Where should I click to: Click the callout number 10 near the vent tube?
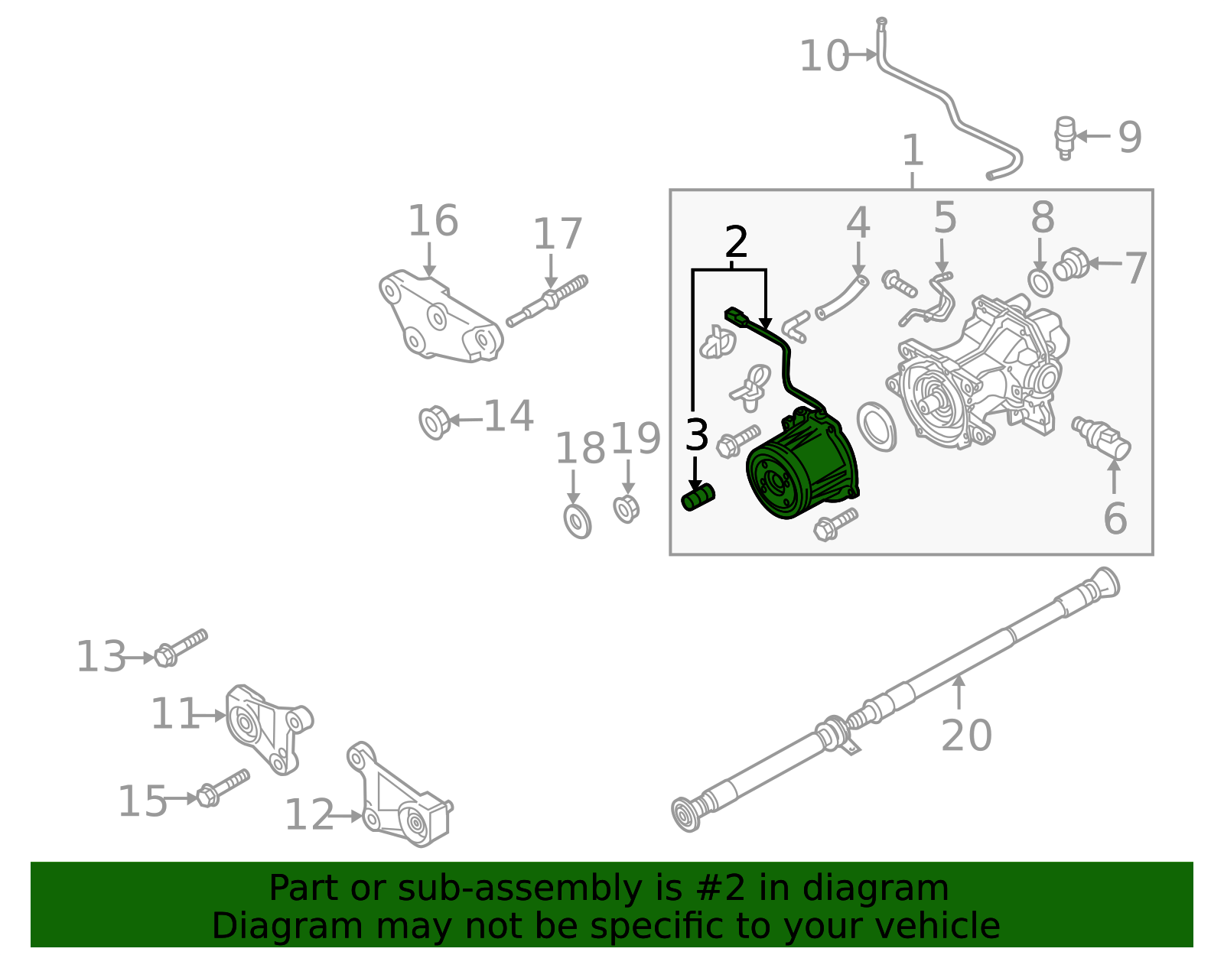(x=823, y=57)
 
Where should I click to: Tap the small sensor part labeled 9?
(x=1064, y=137)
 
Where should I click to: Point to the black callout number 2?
(x=735, y=242)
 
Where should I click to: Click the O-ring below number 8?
(x=1040, y=284)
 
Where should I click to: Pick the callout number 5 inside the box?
(x=945, y=218)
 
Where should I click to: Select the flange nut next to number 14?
(x=434, y=422)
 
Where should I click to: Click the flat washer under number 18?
(x=578, y=521)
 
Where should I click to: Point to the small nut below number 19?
(x=626, y=508)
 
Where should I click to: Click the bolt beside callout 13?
(x=180, y=648)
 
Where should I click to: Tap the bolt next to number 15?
(x=223, y=788)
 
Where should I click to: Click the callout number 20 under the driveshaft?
(x=965, y=736)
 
